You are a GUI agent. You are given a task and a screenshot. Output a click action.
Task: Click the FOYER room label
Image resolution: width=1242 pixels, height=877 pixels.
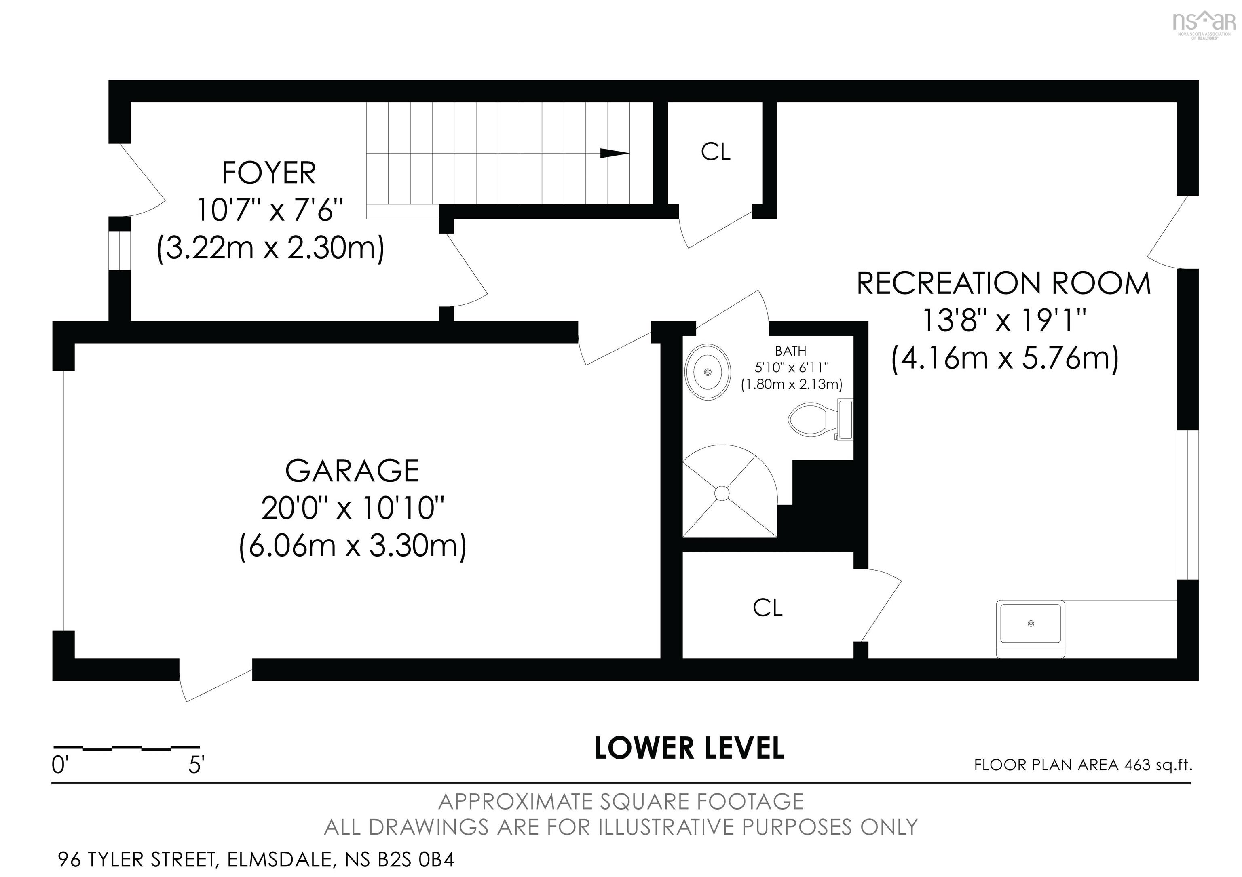[269, 173]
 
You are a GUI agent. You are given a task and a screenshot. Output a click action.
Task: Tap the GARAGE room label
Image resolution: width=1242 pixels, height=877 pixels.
[352, 471]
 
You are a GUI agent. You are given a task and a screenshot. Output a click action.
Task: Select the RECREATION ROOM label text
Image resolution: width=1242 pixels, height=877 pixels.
[1004, 283]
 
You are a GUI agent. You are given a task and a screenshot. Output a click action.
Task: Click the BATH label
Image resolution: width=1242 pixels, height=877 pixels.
[791, 351]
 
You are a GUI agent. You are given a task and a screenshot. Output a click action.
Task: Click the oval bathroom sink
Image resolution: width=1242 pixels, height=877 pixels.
[708, 372]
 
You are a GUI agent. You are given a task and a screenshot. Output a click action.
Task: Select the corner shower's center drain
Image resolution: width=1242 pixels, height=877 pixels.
[722, 493]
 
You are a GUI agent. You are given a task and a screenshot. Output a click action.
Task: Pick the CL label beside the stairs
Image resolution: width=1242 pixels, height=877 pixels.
[716, 152]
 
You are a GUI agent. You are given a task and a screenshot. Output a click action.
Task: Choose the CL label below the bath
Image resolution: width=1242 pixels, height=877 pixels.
[768, 608]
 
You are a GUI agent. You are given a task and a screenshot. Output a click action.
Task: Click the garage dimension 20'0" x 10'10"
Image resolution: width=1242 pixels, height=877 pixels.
[353, 508]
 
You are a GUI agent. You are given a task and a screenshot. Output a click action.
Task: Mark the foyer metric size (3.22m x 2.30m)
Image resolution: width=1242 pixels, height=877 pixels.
[270, 248]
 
